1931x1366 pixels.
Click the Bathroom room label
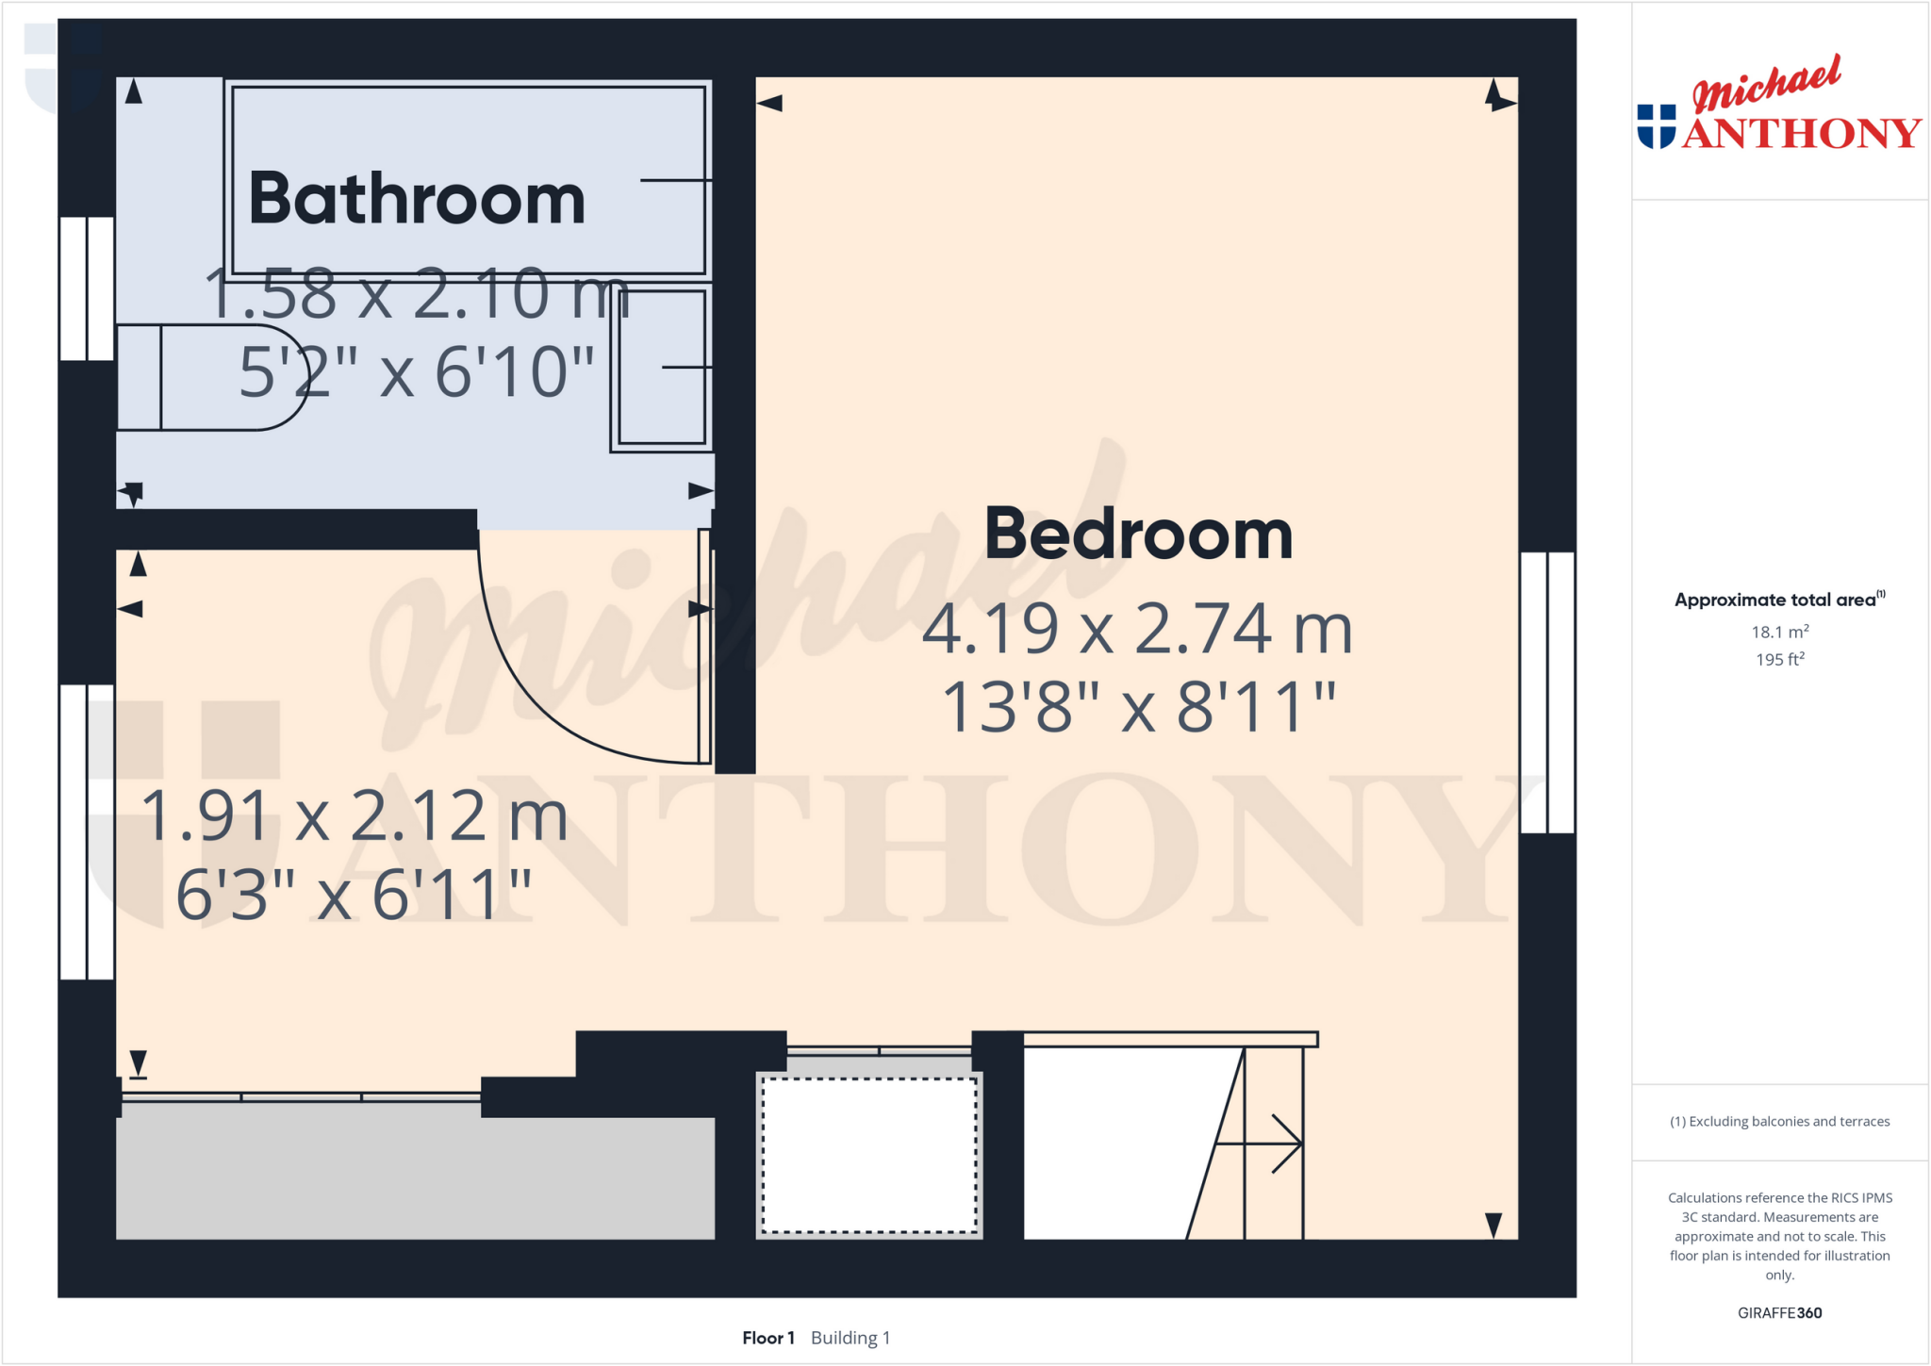pyautogui.click(x=417, y=199)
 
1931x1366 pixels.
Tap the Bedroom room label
pyautogui.click(x=1138, y=534)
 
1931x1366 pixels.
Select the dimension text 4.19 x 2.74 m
pyautogui.click(x=1137, y=629)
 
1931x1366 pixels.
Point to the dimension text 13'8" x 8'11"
pyautogui.click(x=1139, y=707)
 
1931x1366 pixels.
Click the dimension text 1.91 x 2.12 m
pyautogui.click(x=355, y=815)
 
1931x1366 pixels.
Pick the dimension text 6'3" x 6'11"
pyautogui.click(x=355, y=895)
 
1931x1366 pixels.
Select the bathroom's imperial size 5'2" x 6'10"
pyautogui.click(x=417, y=372)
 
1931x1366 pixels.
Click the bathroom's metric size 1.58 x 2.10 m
pyautogui.click(x=417, y=293)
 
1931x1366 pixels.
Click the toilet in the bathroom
pyautogui.click(x=212, y=377)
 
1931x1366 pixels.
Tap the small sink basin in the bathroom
pyautogui.click(x=662, y=368)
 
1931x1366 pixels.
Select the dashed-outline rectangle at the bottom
pyautogui.click(x=869, y=1155)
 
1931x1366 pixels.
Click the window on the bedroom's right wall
pyautogui.click(x=1547, y=693)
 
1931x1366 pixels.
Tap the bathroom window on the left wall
pyautogui.click(x=87, y=288)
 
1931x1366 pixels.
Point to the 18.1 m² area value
pyautogui.click(x=1779, y=632)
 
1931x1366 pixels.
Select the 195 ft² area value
pyautogui.click(x=1779, y=659)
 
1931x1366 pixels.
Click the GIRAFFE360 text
pyautogui.click(x=1779, y=1312)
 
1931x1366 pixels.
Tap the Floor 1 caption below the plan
pyautogui.click(x=767, y=1338)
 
